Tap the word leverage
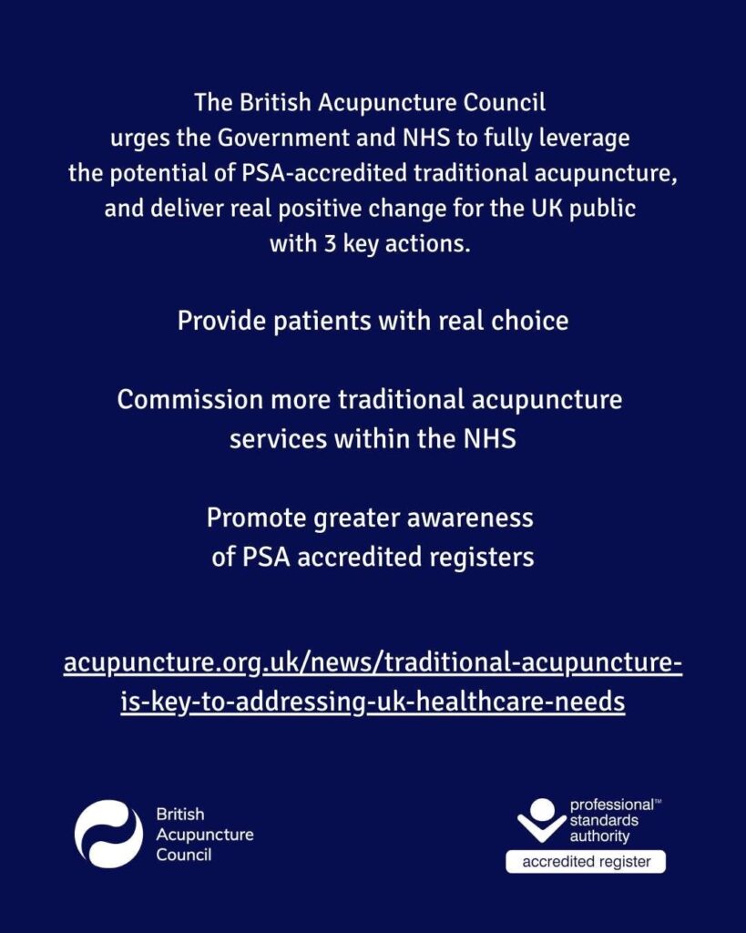579,138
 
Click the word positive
353,208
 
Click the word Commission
179,400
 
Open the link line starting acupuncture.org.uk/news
373,663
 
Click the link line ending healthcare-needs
373,702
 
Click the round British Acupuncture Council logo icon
108,833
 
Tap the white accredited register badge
586,861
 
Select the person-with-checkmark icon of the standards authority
541,822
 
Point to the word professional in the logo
611,805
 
